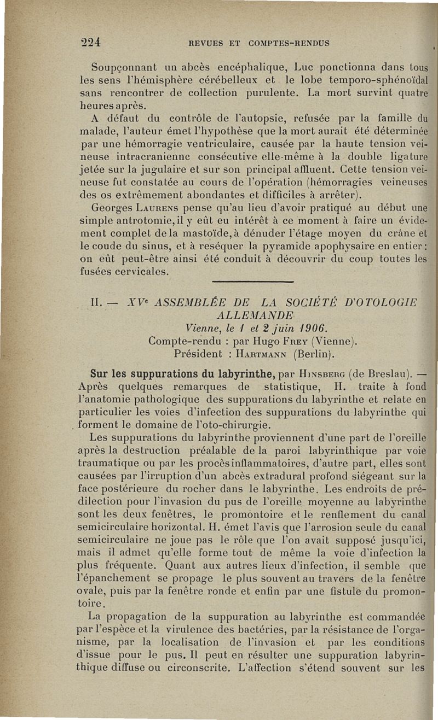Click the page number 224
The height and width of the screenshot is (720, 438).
pyautogui.click(x=93, y=43)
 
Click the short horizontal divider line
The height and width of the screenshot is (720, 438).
pyautogui.click(x=252, y=282)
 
